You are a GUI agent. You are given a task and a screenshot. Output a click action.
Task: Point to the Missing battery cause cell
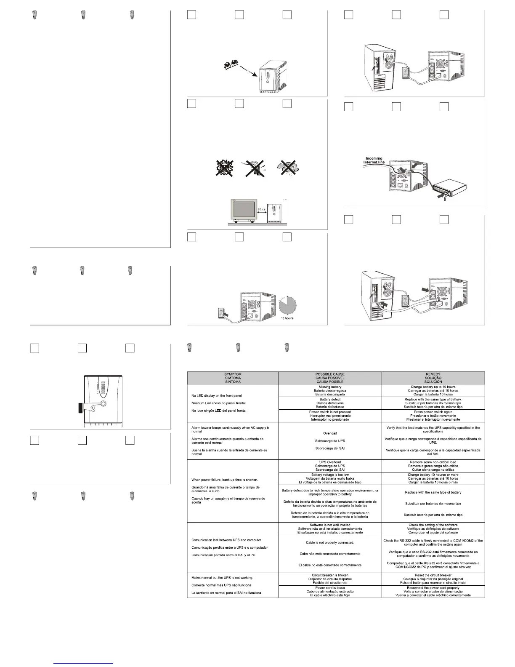[x=330, y=387]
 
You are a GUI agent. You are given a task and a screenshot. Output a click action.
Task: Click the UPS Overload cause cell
[x=330, y=462]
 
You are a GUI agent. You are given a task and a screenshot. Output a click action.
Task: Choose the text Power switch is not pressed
[x=330, y=412]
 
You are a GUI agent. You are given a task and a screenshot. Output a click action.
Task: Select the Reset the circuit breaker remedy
[x=433, y=575]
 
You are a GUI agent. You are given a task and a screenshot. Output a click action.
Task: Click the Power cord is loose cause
[x=330, y=588]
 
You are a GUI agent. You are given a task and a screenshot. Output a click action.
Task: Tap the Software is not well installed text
[x=330, y=525]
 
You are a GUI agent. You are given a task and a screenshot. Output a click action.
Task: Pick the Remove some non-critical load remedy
[x=433, y=462]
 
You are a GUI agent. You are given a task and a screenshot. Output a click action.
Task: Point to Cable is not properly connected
[x=330, y=543]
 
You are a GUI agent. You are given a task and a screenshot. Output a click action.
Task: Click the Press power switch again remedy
[x=433, y=412]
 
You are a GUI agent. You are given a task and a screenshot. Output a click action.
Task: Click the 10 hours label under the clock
[x=287, y=318]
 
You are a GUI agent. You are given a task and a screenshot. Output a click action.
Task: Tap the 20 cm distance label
[x=262, y=208]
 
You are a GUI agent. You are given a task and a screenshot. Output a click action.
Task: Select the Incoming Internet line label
[x=373, y=160]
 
